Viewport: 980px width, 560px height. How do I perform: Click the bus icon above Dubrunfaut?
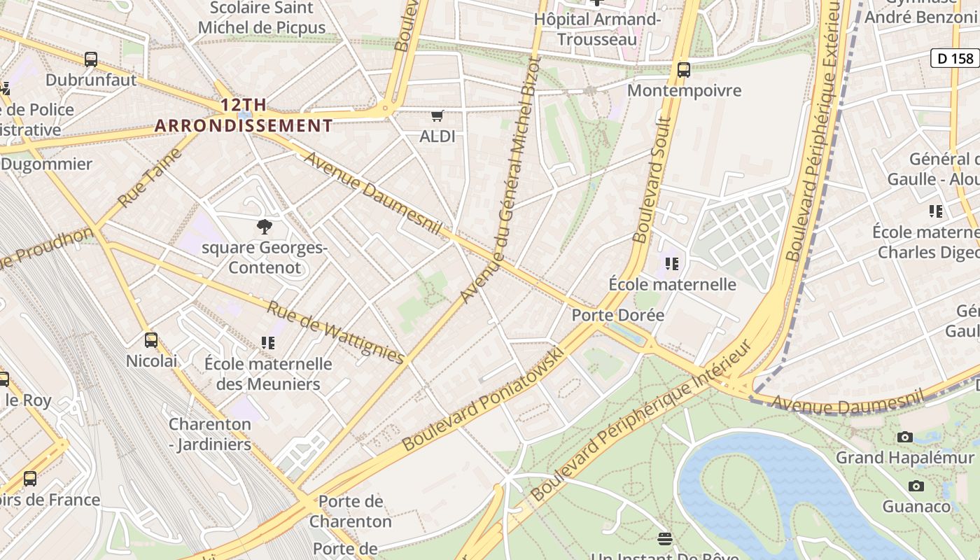91,59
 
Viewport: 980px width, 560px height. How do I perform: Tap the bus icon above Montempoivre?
684,70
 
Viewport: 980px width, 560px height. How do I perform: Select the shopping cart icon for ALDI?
437,115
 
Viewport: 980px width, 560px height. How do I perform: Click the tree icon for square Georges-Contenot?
265,226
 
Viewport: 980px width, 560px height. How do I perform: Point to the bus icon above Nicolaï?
151,340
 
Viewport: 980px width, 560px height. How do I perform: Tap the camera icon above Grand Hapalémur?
905,437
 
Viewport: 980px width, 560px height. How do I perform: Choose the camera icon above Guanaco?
916,486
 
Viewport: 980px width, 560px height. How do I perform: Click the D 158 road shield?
955,58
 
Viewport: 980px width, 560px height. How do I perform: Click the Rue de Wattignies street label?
336,332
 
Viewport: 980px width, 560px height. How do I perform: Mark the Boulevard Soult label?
652,180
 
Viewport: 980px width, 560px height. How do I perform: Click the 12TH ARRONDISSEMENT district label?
244,115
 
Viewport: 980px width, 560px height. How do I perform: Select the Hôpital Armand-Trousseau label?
597,29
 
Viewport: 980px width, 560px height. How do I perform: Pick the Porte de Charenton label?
351,511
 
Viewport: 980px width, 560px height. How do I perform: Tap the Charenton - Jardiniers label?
210,434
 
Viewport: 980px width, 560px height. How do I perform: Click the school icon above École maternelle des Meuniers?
268,342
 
